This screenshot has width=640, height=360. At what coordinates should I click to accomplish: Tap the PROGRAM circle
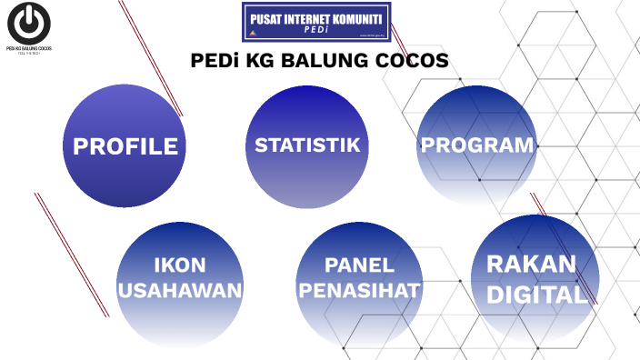[x=476, y=145]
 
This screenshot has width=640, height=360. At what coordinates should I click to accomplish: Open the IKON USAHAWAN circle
[x=179, y=282]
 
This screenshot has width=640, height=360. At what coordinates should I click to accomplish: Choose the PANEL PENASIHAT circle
[x=359, y=282]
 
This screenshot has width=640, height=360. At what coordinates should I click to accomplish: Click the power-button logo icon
[x=28, y=22]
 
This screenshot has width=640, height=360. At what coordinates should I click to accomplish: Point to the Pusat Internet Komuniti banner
[x=315, y=22]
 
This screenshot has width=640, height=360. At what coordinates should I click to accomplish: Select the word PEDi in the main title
[x=214, y=62]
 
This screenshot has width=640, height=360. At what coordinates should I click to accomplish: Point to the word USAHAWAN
[x=180, y=291]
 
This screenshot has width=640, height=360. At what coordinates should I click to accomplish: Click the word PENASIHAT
[x=360, y=291]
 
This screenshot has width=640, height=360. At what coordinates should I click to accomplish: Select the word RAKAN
[x=532, y=265]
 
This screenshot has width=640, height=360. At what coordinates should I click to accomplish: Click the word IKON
[x=179, y=265]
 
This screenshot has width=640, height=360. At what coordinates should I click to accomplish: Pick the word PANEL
[x=360, y=265]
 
